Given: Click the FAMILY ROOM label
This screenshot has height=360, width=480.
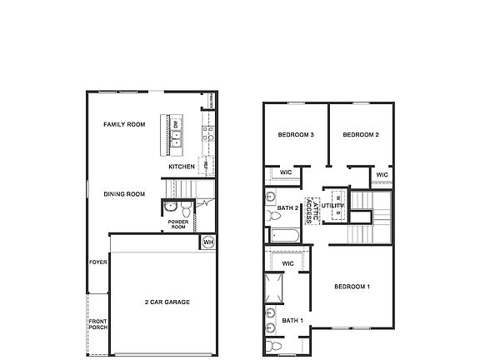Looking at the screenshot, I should point(124,124).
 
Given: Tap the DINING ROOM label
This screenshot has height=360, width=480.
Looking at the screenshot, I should point(124,194).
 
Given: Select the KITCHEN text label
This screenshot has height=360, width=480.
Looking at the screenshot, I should point(182,167).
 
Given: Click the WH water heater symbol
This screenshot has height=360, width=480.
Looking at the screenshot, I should point(207,242).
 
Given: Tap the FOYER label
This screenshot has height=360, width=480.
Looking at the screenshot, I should point(98,262).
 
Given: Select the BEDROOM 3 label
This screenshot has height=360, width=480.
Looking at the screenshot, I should point(296,134).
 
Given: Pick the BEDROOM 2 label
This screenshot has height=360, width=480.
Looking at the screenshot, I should point(362,134).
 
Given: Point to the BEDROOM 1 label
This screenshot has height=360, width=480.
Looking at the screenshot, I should point(352,287).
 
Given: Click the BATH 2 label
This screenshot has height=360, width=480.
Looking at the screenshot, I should point(288,207).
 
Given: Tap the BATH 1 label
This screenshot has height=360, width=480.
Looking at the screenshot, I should point(292,320).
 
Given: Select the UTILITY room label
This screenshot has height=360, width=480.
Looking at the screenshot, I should point(333,204).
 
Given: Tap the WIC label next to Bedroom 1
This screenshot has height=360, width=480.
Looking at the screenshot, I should point(288,263).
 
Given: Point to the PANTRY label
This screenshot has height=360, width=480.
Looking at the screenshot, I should point(212,101).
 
